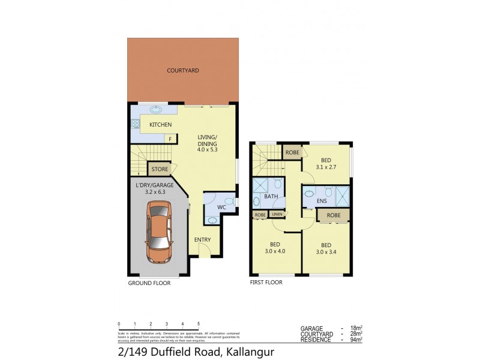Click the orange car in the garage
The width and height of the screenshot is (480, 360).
click(159, 232)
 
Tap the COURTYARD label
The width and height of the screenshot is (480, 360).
click(183, 71)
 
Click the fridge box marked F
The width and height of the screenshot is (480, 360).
click(170, 139)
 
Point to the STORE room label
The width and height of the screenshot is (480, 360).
click(160, 169)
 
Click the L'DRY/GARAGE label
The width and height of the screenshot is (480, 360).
click(154, 185)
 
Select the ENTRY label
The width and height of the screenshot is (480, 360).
click(202, 240)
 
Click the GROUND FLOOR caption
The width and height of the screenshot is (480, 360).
click(149, 283)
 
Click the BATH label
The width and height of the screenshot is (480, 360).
click(271, 196)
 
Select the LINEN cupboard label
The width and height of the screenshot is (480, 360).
click(277, 214)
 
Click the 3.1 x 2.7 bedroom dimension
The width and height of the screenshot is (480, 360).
click(326, 167)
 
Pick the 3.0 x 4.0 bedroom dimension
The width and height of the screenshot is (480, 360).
click(275, 251)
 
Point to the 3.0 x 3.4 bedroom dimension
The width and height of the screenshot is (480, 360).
click(326, 252)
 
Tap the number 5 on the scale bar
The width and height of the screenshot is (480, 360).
click(198, 324)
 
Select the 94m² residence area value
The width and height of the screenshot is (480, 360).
click(357, 340)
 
